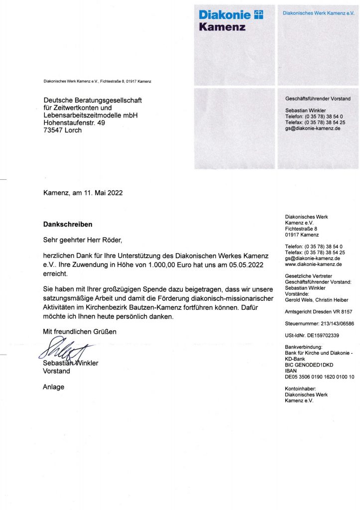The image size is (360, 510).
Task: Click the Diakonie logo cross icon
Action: coord(258,15)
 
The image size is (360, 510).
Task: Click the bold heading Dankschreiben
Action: coord(68,225)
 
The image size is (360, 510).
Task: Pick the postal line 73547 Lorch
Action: coord(63,130)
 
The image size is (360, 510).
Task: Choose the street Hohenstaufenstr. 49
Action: coord(74,123)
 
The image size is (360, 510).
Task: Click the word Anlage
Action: coord(54,386)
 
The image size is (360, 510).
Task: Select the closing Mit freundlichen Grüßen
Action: coord(80,332)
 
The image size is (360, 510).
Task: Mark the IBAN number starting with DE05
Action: coord(319,377)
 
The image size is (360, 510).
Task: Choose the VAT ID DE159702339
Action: coord(323,335)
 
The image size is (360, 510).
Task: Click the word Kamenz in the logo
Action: coord(222,27)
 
